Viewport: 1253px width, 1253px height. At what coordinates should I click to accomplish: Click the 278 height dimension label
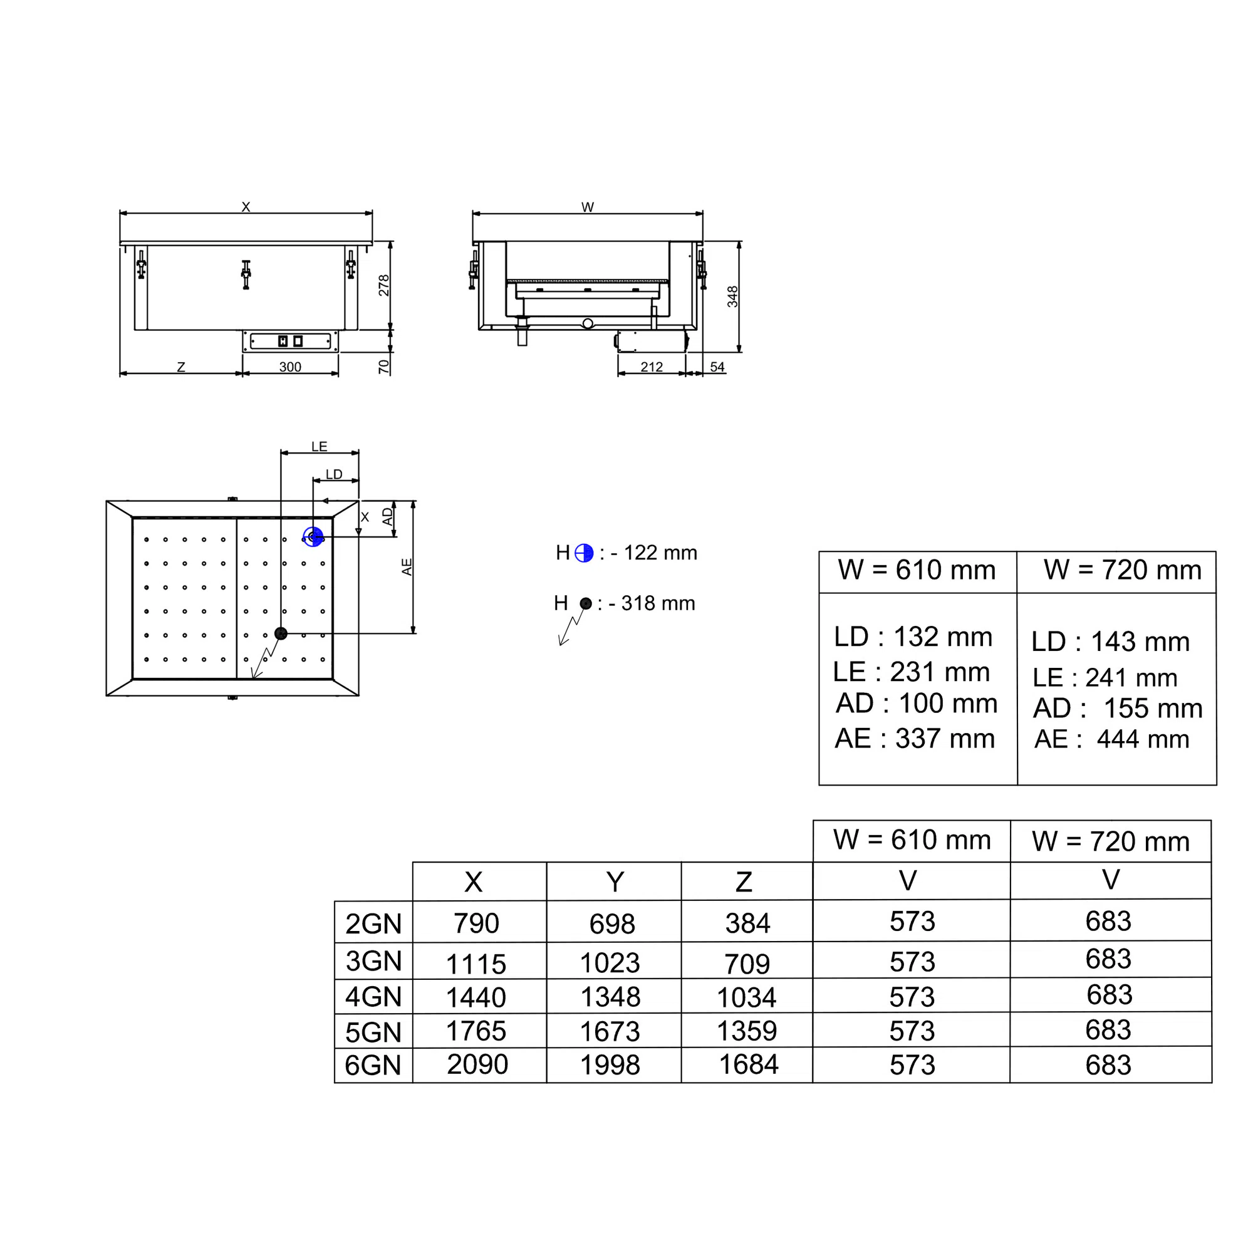(x=384, y=285)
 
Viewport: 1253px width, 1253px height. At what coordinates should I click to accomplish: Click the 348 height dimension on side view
(x=732, y=296)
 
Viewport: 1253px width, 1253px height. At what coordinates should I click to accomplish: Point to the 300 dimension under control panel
(x=290, y=367)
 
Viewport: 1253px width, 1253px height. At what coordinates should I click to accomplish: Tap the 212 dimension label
(x=652, y=367)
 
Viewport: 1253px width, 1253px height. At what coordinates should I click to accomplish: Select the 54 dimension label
(x=717, y=367)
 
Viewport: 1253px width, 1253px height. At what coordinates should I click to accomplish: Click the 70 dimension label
(x=384, y=367)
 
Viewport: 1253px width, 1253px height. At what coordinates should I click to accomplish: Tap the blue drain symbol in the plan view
(x=313, y=537)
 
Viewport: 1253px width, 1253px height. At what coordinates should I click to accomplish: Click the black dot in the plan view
(x=281, y=633)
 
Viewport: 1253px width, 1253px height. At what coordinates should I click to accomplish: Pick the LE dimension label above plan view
(x=319, y=446)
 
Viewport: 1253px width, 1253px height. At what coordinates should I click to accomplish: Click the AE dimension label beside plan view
(x=407, y=567)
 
